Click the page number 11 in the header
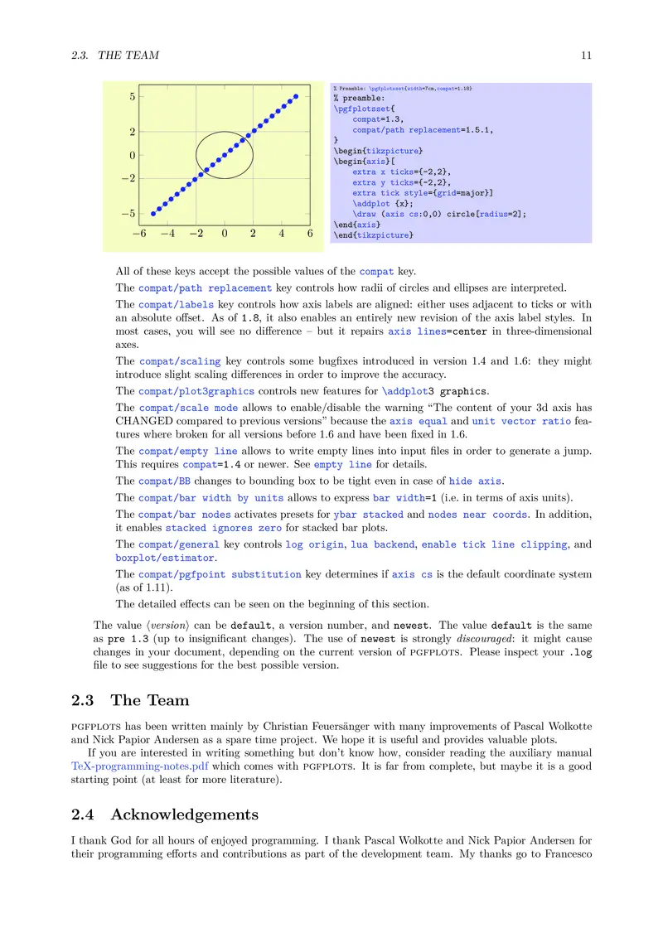click(586, 56)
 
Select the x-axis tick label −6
click(138, 234)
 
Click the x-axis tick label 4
click(281, 234)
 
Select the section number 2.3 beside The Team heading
click(83, 700)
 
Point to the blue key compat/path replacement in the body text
click(205, 288)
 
